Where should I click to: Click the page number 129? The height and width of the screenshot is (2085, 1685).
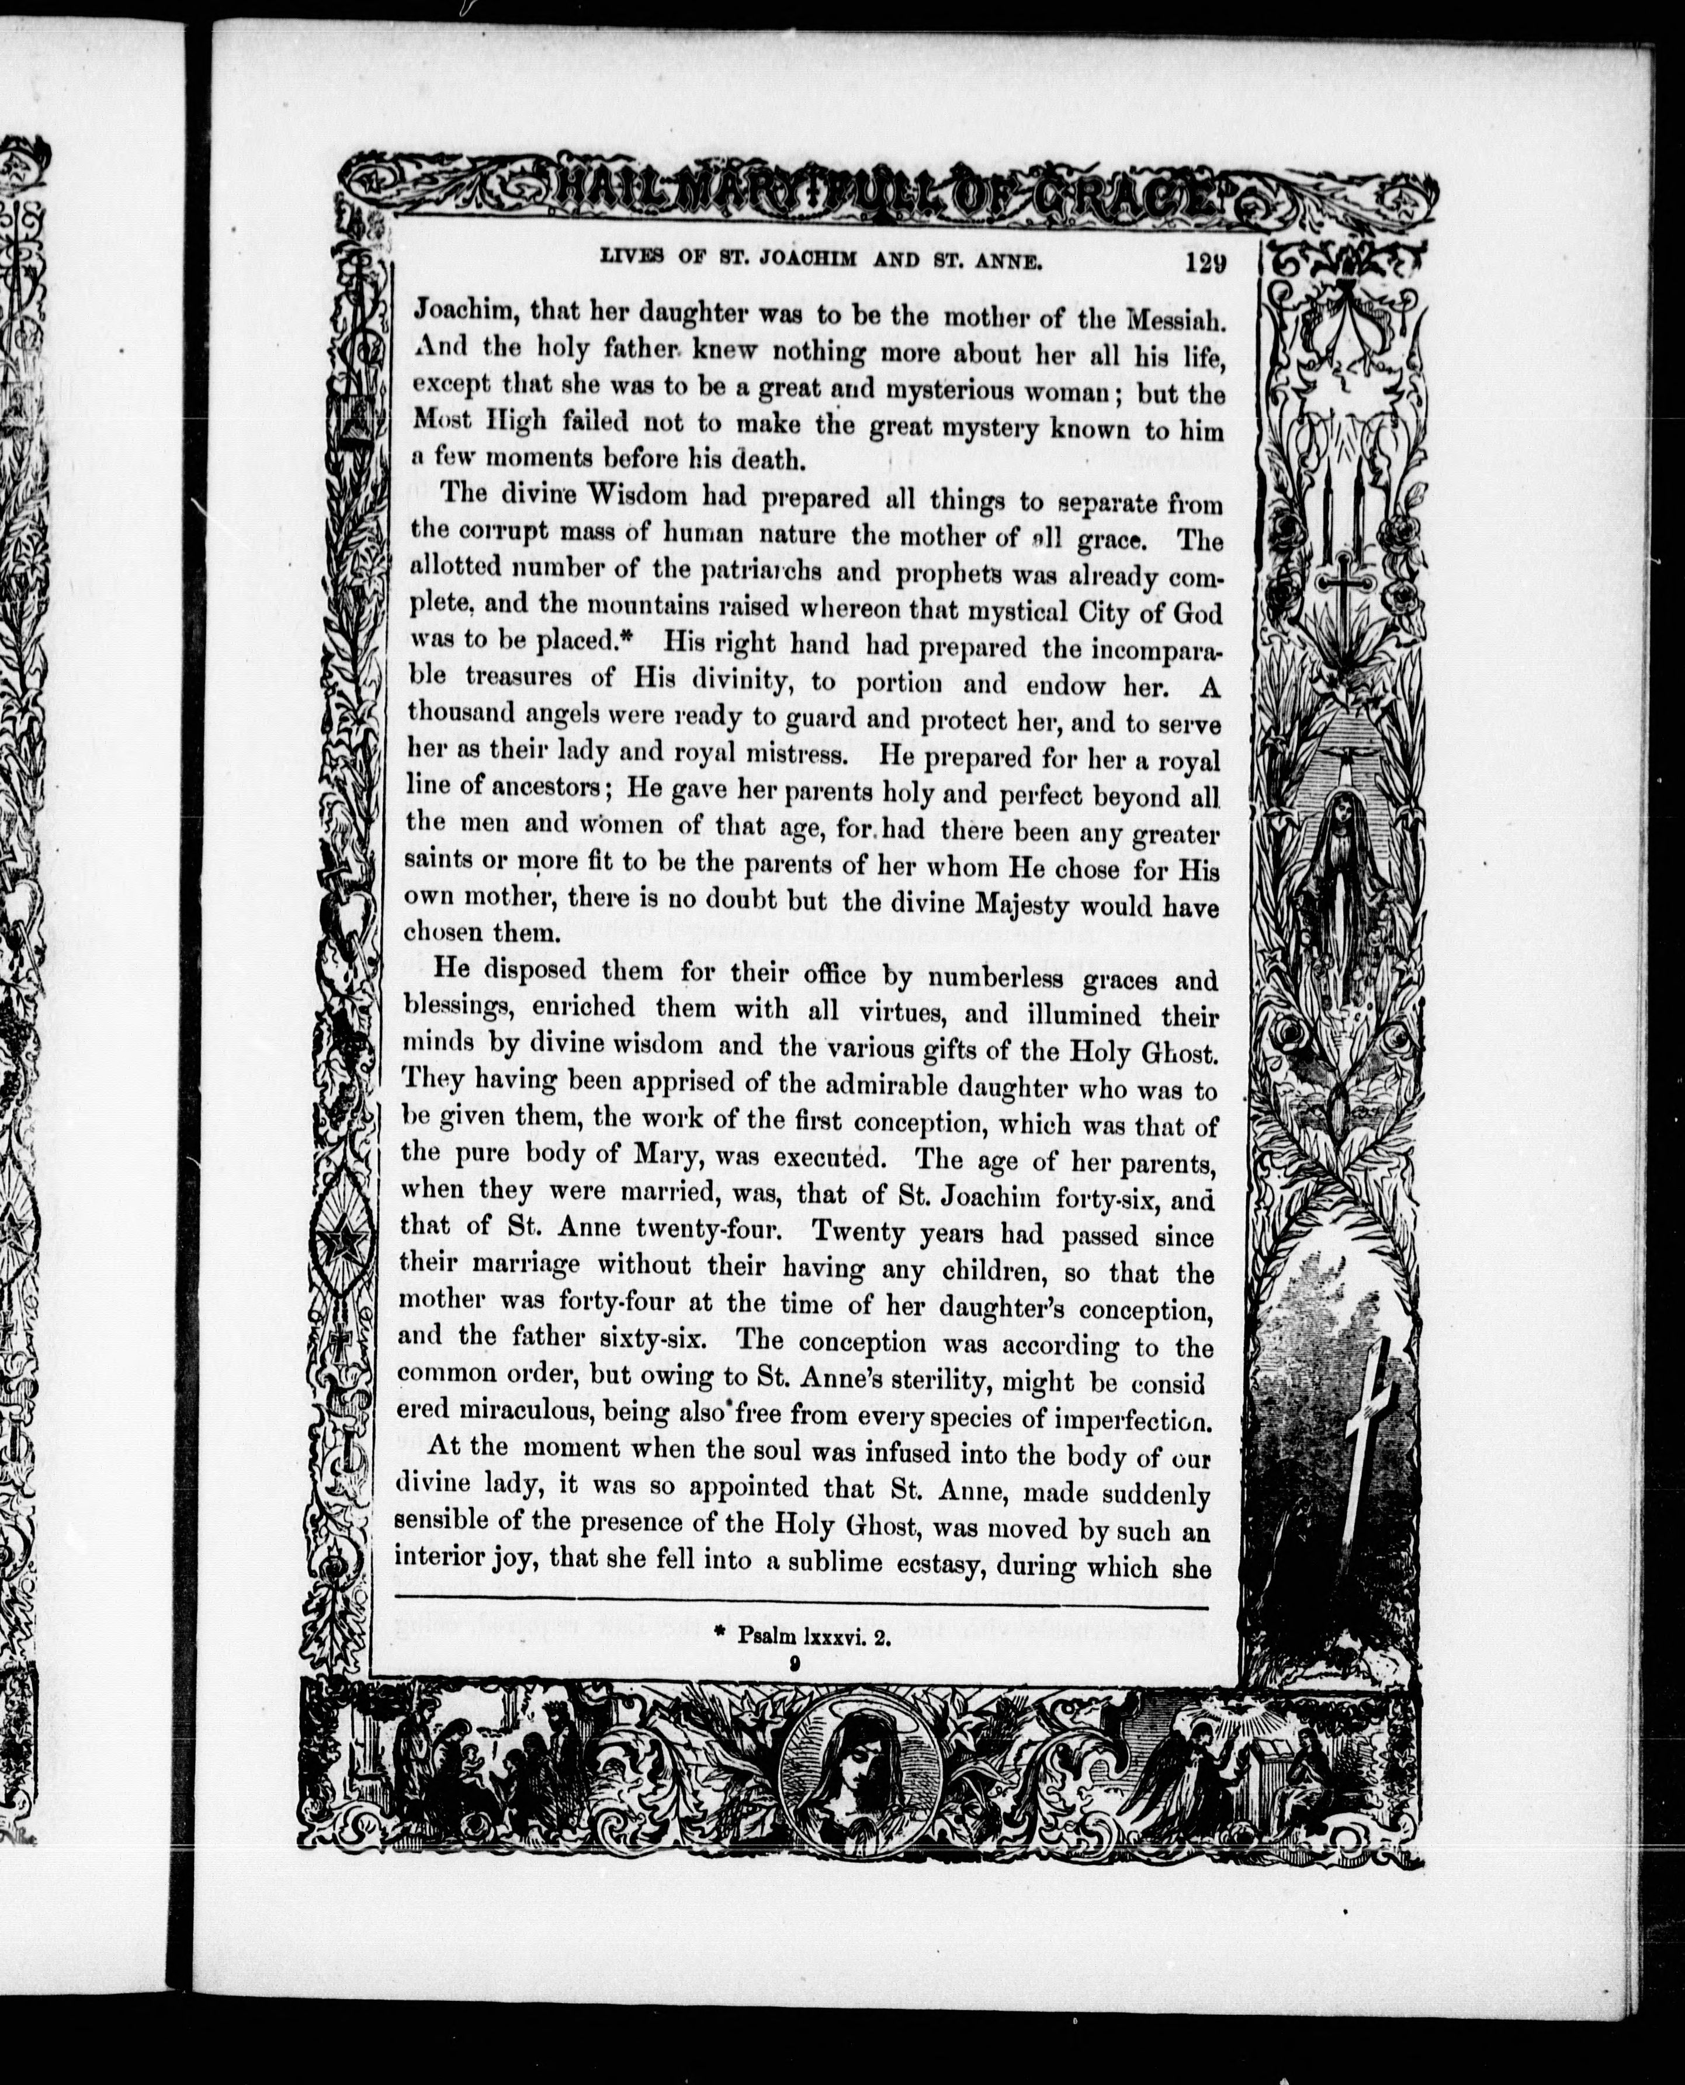[x=1205, y=262]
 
